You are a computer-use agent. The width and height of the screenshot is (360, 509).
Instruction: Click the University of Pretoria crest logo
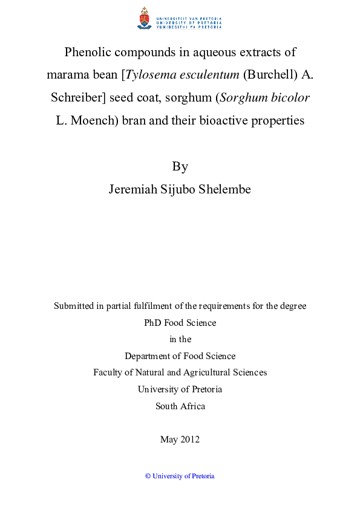(144, 19)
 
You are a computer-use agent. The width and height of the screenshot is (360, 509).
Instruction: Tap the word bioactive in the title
(220, 120)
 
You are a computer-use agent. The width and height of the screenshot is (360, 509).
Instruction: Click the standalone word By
(180, 166)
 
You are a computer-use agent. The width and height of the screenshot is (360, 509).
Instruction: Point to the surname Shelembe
(224, 189)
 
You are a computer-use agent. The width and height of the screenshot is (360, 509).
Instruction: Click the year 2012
(190, 439)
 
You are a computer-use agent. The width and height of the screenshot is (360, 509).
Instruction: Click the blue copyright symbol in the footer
(148, 476)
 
